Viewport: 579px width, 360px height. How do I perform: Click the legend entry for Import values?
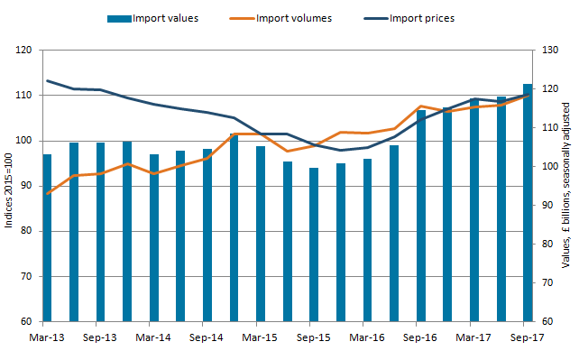[153, 18]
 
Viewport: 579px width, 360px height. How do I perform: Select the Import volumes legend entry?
[280, 18]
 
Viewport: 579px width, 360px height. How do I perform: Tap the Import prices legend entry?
[409, 18]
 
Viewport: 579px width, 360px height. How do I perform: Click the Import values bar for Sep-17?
[528, 203]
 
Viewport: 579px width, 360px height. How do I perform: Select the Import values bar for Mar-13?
[47, 238]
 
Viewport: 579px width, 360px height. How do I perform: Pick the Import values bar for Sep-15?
[314, 245]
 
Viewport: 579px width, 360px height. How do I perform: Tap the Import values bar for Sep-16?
[421, 216]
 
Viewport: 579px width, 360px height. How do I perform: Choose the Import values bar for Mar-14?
[154, 238]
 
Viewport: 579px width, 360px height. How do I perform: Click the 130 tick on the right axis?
[550, 50]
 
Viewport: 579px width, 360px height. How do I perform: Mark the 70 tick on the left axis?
[26, 277]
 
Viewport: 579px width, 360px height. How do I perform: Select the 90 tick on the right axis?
[547, 206]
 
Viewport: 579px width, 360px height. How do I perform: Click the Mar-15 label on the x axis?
[260, 337]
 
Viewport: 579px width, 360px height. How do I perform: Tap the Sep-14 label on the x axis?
[206, 337]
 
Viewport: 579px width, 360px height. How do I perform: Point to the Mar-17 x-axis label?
[473, 337]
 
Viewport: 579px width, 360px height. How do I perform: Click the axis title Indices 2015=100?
[8, 190]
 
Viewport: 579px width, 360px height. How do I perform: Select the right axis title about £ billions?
[565, 185]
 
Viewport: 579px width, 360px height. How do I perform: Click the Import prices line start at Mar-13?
[48, 80]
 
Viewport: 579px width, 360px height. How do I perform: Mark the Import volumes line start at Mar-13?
[48, 193]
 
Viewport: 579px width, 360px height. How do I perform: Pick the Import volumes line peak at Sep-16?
[421, 106]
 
